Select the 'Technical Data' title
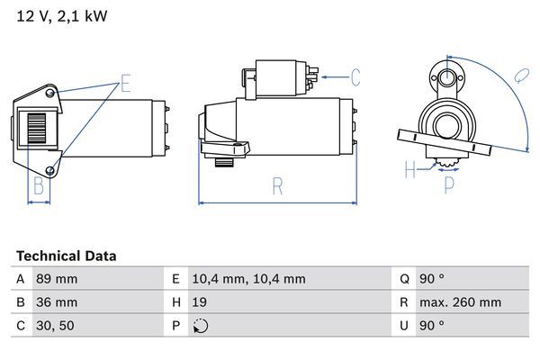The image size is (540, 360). (x=66, y=256)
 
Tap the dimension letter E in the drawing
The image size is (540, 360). (x=125, y=86)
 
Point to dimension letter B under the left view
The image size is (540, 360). (x=39, y=186)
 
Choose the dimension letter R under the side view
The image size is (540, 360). (x=277, y=187)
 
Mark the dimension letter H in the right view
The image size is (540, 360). (x=410, y=167)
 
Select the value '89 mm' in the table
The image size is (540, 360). (x=56, y=279)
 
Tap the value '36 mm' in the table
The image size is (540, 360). (x=56, y=302)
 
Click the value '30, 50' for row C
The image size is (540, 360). (x=55, y=326)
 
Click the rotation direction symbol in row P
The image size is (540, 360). (x=202, y=326)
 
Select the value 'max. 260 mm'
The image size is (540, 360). (x=462, y=302)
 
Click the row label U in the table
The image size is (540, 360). (x=405, y=326)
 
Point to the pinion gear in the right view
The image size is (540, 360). (x=449, y=164)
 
